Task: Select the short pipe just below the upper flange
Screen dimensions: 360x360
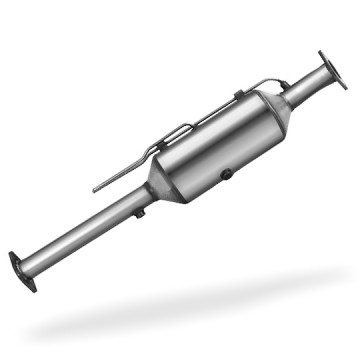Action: point(306,87)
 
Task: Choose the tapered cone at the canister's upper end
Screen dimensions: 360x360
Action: point(279,106)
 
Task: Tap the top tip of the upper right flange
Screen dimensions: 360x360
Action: point(321,52)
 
